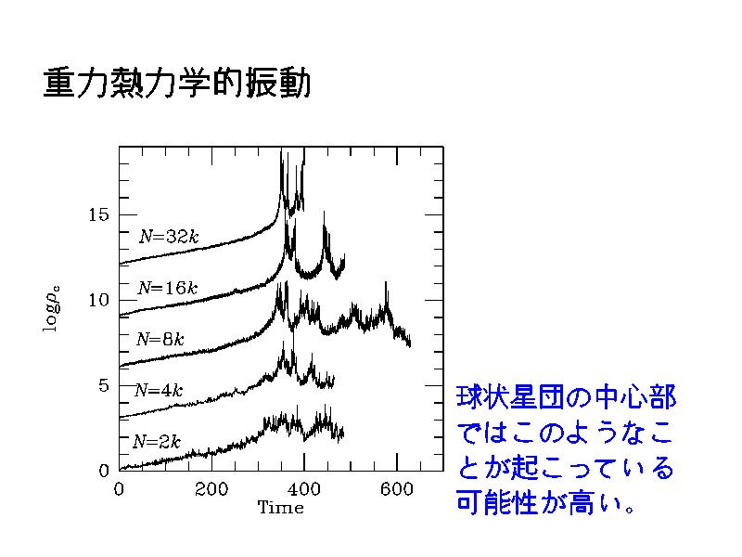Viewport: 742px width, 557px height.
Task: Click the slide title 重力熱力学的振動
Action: click(x=176, y=84)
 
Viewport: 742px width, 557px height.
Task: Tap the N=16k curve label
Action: click(x=167, y=288)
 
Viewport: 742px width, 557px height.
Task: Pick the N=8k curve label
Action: click(x=160, y=340)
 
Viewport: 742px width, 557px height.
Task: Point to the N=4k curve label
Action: click(x=159, y=390)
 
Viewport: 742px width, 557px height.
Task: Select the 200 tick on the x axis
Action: click(x=211, y=489)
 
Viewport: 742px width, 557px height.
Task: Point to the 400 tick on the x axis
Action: click(x=304, y=489)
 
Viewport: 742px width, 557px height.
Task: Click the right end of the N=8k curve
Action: click(x=409, y=344)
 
